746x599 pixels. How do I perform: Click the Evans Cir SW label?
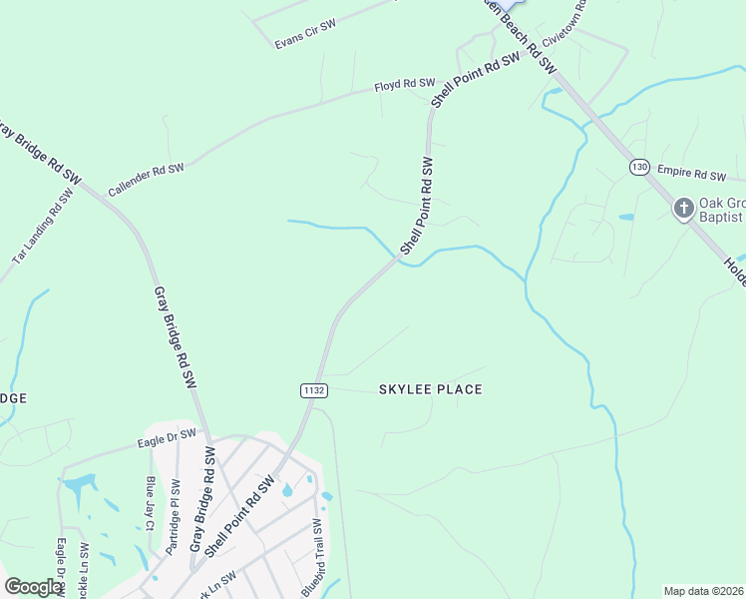click(x=304, y=33)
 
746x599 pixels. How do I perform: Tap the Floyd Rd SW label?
click(x=405, y=86)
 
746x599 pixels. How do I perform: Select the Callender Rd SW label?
click(x=146, y=179)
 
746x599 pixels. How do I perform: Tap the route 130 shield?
click(x=639, y=167)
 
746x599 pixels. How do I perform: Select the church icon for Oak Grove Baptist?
click(x=683, y=209)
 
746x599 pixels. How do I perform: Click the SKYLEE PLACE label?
click(x=431, y=389)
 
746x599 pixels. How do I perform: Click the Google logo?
click(x=34, y=587)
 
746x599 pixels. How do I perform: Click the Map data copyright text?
click(x=704, y=591)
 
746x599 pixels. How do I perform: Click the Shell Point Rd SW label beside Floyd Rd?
click(x=476, y=80)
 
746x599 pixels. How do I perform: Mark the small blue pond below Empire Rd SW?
click(x=625, y=217)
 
